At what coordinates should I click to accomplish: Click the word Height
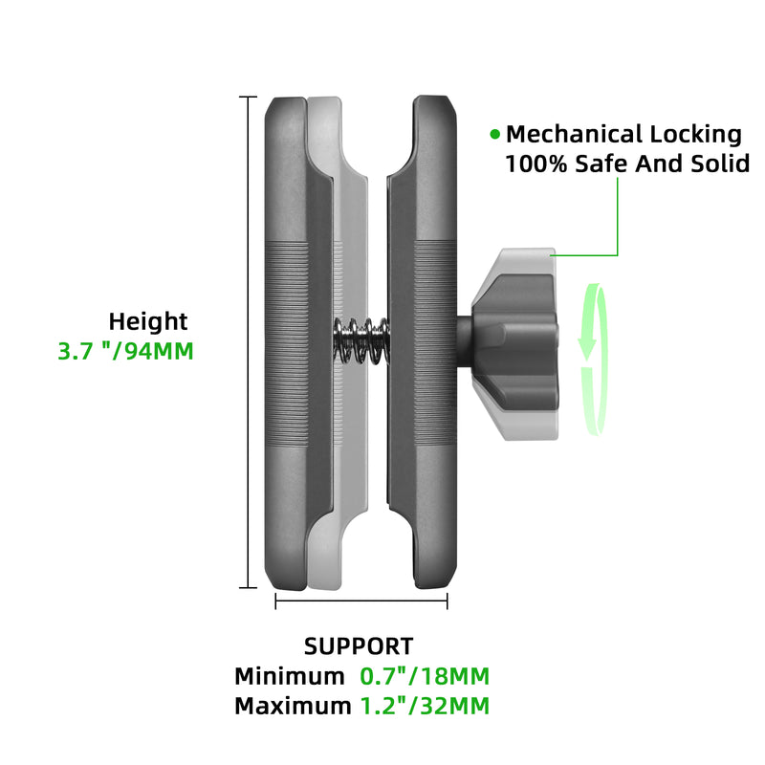[x=148, y=321]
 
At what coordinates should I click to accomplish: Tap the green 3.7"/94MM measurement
[x=125, y=351]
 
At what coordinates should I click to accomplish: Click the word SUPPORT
[x=359, y=646]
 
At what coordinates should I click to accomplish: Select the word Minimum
[x=290, y=677]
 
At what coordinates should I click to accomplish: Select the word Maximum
[x=293, y=707]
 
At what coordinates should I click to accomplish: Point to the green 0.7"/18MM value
[x=425, y=677]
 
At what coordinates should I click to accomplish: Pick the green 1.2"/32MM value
[x=425, y=707]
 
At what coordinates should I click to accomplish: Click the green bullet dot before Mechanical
[x=494, y=134]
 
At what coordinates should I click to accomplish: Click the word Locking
[x=696, y=134]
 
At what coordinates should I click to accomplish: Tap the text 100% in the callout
[x=536, y=164]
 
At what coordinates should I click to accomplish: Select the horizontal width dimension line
[x=361, y=601]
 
